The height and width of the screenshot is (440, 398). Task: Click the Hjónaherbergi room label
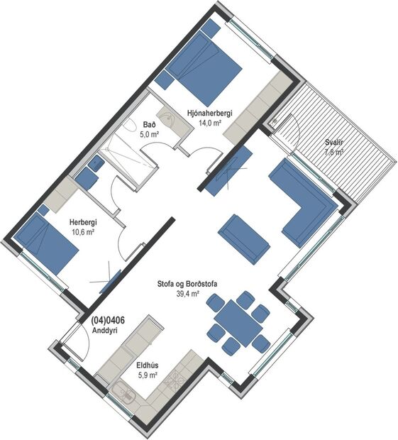(x=209, y=113)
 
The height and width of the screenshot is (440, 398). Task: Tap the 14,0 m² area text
(x=209, y=123)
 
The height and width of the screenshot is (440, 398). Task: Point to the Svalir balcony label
(x=333, y=141)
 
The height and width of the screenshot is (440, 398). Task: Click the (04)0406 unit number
(x=108, y=320)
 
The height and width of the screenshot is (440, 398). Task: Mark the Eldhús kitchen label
(x=147, y=366)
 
